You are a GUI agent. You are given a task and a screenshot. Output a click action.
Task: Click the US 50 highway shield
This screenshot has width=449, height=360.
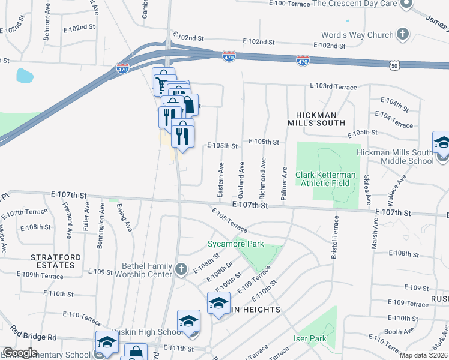pyautogui.click(x=394, y=64)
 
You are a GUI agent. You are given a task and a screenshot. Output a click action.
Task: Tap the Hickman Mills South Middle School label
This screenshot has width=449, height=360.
pyautogui.click(x=394, y=157)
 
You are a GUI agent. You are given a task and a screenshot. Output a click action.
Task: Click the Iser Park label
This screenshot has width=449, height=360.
pyautogui.click(x=309, y=339)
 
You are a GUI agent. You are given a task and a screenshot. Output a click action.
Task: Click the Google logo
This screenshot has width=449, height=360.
pyautogui.click(x=20, y=353)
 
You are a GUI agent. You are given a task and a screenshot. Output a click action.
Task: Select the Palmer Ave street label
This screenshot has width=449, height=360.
pyautogui.click(x=284, y=184)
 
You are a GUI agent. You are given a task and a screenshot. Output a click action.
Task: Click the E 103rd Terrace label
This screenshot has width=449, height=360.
pyautogui.click(x=333, y=87)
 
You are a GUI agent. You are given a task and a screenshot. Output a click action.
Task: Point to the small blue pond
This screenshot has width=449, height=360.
pyautogui.click(x=25, y=76)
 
